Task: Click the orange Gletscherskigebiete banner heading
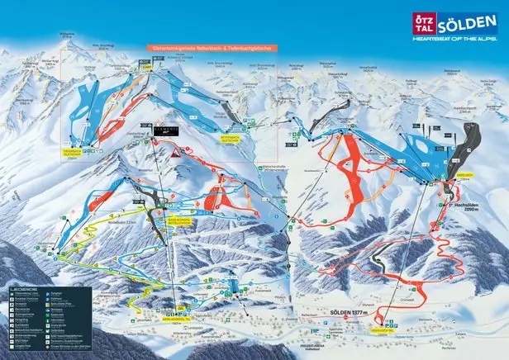(212, 48)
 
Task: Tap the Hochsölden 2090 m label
(463, 207)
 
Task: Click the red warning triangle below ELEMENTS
(175, 154)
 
